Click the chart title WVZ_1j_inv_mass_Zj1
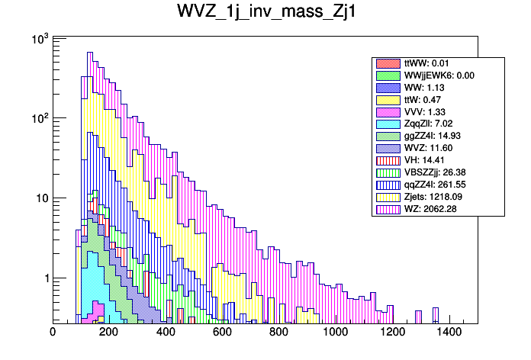(265, 14)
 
